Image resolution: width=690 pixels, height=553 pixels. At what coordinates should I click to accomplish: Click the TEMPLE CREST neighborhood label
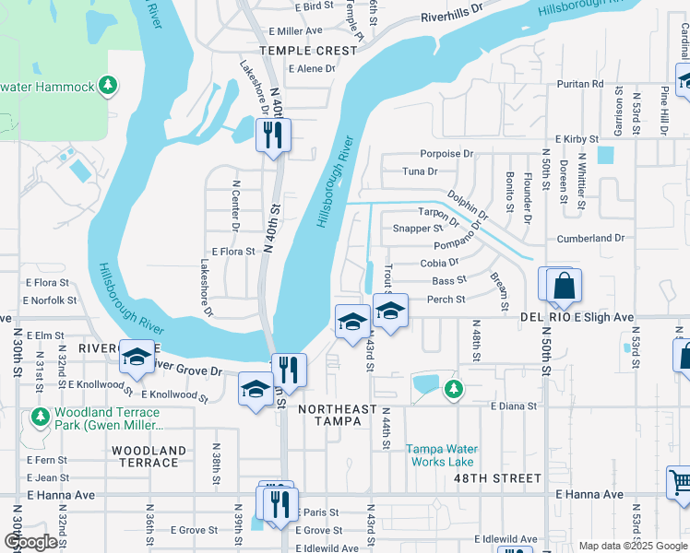(x=308, y=51)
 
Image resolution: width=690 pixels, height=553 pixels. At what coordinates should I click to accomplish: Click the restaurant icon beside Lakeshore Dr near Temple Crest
(x=272, y=136)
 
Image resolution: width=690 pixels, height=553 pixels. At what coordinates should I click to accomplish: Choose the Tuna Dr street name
(x=420, y=171)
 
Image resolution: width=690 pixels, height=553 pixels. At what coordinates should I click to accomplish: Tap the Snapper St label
(x=418, y=228)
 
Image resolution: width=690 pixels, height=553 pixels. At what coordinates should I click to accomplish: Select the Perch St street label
(x=446, y=300)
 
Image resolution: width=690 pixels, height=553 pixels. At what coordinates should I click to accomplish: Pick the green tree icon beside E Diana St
(x=452, y=389)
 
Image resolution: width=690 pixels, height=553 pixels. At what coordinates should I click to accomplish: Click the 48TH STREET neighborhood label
(x=497, y=478)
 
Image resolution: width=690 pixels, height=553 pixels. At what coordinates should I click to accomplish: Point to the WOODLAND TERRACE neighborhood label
(x=149, y=457)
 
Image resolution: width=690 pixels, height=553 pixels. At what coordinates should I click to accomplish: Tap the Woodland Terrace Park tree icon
(x=41, y=418)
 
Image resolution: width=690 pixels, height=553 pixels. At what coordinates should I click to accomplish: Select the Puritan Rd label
(x=579, y=84)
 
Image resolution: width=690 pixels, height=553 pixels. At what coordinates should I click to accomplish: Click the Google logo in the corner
(x=31, y=542)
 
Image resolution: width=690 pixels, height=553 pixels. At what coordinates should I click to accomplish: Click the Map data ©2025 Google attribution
(x=632, y=546)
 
